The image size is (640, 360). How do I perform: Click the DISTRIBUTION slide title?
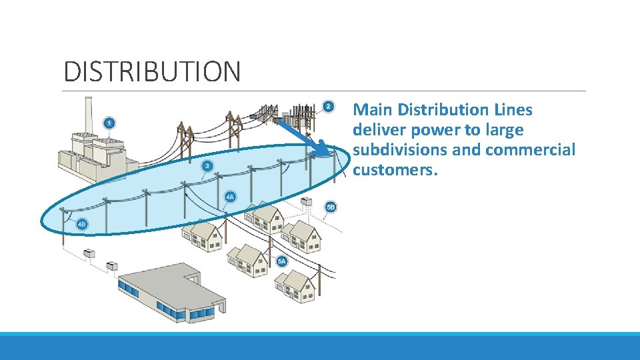tap(151, 71)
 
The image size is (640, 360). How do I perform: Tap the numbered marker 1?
tap(109, 123)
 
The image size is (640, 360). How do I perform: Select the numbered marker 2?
tap(328, 107)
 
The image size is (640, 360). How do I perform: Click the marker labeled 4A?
tap(230, 197)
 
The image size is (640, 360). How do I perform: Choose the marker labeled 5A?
tap(282, 261)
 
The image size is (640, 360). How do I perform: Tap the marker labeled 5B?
tap(331, 207)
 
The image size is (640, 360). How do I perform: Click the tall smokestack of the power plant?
tap(87, 117)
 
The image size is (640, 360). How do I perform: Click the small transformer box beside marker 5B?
tap(306, 201)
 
